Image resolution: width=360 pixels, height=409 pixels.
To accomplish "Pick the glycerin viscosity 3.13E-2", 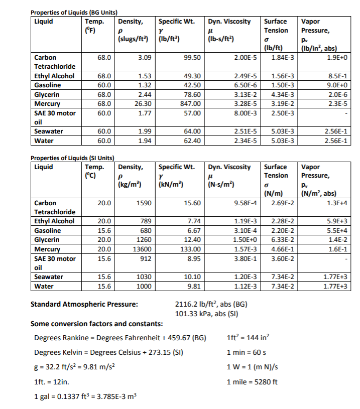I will tap(245, 94).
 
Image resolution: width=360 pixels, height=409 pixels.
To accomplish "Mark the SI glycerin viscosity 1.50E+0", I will tap(245, 240).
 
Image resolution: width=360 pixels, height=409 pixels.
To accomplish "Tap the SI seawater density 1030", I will tap(144, 277).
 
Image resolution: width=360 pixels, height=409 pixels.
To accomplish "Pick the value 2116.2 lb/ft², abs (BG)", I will tap(211, 305).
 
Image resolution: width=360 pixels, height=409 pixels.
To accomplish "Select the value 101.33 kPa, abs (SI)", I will tap(207, 314).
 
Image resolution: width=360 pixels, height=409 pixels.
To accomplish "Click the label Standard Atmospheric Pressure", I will tap(84, 305).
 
